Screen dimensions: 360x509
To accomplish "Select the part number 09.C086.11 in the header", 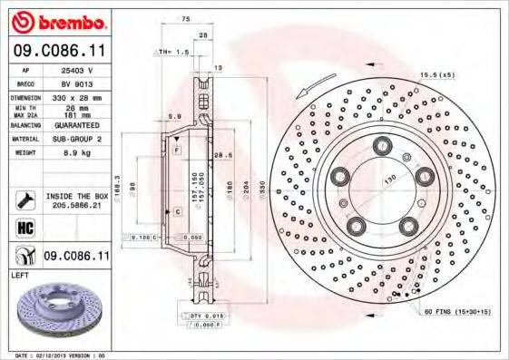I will (x=57, y=54).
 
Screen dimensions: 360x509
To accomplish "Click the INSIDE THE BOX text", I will (x=77, y=196).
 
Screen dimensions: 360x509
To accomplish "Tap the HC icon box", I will (x=24, y=227).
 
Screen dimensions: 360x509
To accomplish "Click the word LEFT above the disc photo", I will (x=20, y=274).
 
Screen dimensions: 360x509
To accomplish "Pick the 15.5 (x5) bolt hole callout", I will (x=435, y=74).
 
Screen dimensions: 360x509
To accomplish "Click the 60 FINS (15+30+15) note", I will (x=455, y=311).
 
